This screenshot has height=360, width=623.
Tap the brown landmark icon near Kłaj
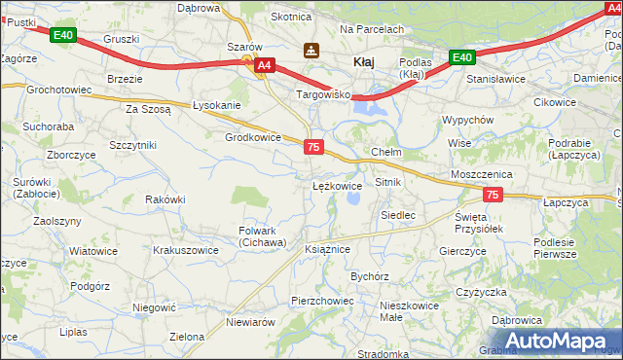click(x=311, y=50)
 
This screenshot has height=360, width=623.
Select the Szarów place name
click(x=244, y=47)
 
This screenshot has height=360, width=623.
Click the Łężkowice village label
click(x=337, y=185)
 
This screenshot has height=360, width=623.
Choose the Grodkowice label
click(x=253, y=137)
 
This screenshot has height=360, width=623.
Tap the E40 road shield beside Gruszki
click(x=63, y=36)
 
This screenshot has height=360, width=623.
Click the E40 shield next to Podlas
click(x=462, y=58)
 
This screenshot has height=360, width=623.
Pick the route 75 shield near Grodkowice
click(x=313, y=146)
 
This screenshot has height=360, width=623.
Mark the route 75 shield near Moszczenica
click(x=493, y=196)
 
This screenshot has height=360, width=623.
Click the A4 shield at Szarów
click(x=265, y=66)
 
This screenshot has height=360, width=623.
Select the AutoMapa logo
click(x=561, y=341)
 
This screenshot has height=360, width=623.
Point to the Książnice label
click(x=327, y=249)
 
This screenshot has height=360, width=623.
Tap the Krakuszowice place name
click(x=185, y=250)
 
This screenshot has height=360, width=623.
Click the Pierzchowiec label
click(x=322, y=301)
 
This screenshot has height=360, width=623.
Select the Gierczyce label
click(x=462, y=250)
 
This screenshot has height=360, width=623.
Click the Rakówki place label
click(x=165, y=199)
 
